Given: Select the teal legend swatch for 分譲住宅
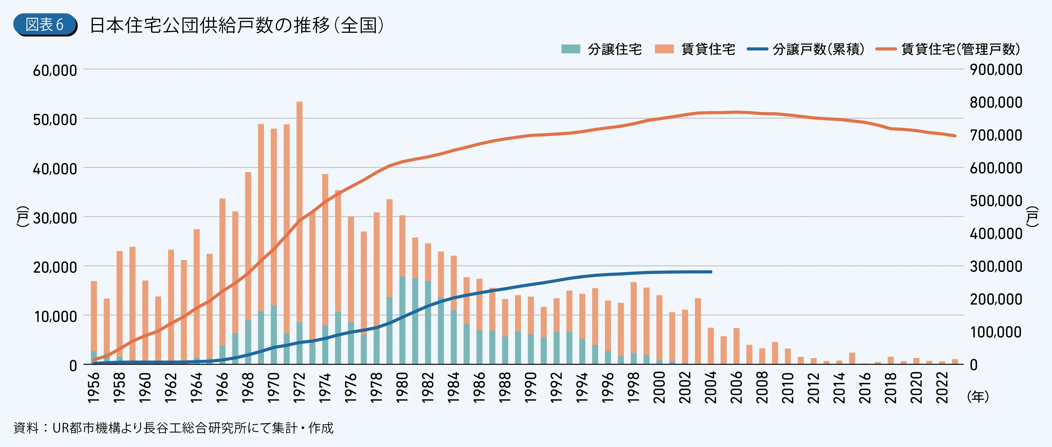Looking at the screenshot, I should click(571, 49).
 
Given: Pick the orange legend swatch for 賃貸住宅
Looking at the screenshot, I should click(664, 49).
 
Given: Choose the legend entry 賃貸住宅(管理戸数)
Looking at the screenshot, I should click(948, 49).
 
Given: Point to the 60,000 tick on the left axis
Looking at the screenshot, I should click(55, 70).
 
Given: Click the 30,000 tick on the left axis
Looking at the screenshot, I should click(55, 218).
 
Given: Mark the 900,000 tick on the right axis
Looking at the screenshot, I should click(996, 69).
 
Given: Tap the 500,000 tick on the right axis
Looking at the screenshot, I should click(996, 201).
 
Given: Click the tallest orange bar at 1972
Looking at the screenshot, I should click(299, 204).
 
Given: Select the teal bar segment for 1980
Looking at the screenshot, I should click(402, 321).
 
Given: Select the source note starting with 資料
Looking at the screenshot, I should click(173, 428).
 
